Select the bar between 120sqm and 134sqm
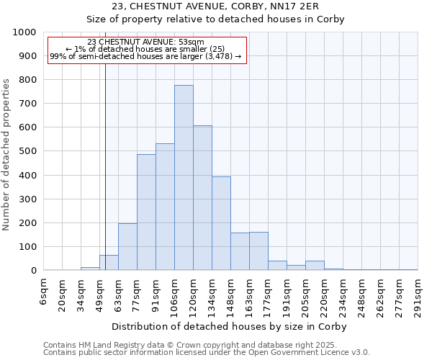(x=202, y=198)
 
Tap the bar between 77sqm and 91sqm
(x=146, y=212)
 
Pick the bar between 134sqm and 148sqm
(x=221, y=223)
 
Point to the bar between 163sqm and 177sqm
(x=258, y=251)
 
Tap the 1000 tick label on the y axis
(x=24, y=32)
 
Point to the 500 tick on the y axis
(x=27, y=151)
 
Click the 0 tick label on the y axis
(x=33, y=271)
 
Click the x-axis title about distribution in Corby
(x=230, y=327)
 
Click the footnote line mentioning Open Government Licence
(x=207, y=353)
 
